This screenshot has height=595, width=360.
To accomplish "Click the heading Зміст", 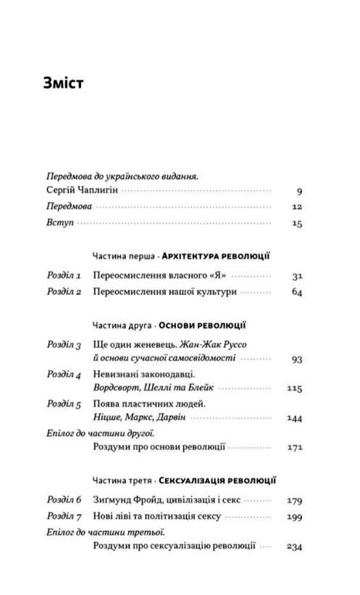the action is coord(64,83).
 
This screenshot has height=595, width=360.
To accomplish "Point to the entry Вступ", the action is coord(59,223).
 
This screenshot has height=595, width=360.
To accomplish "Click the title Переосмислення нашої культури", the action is coord(165,292).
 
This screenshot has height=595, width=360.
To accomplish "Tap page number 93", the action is coord(296,358).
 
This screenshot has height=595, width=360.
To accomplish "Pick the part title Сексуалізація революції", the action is coord(217,480).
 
